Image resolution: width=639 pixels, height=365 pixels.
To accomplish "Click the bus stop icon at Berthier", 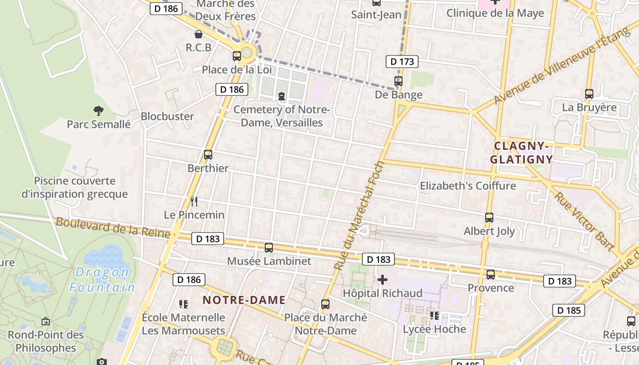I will click(208, 155).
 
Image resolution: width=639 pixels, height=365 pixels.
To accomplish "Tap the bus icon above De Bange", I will click(398, 81).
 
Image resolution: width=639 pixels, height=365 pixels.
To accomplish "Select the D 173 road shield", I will click(402, 62).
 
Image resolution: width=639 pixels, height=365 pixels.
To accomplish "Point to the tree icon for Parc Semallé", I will click(98, 110).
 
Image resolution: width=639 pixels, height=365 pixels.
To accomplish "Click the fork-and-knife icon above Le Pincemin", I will click(194, 201).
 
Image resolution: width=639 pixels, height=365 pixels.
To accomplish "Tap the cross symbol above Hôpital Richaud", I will click(382, 279).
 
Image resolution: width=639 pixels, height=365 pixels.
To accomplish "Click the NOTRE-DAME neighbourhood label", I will click(244, 300).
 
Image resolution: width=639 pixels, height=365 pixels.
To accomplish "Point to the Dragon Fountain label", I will click(102, 280).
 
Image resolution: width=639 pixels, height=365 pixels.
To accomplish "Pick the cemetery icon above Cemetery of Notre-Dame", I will click(282, 96).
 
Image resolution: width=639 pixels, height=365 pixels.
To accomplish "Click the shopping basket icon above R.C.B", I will click(199, 34).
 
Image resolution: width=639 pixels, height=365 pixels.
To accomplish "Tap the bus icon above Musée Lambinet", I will click(269, 248).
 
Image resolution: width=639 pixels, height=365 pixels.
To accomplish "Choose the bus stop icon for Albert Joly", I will click(489, 218).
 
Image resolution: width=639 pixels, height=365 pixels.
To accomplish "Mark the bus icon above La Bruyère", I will click(589, 94).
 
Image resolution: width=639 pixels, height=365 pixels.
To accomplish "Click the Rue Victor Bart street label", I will click(584, 221).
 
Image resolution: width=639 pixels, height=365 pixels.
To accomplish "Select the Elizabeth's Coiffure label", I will click(468, 186).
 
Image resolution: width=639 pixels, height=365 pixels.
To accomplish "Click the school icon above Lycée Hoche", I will click(434, 315).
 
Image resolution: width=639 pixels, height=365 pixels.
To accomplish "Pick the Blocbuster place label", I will click(167, 116).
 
